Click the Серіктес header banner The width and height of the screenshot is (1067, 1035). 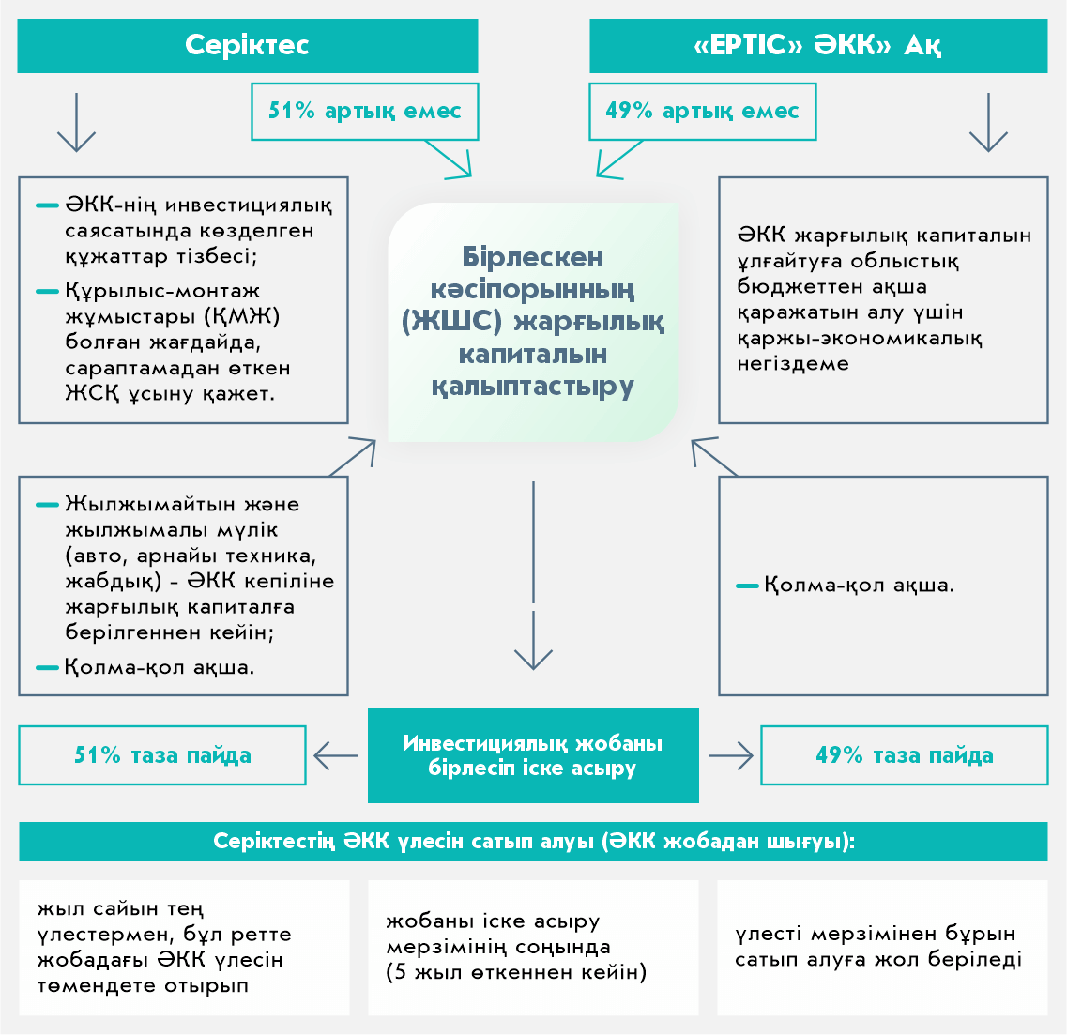(247, 45)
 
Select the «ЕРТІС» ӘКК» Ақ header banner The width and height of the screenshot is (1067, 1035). (817, 45)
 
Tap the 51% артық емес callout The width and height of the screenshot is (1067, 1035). (364, 112)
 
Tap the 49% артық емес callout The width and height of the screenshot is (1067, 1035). (702, 112)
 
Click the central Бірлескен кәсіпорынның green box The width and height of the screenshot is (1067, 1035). (533, 322)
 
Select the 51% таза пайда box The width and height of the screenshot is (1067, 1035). (162, 755)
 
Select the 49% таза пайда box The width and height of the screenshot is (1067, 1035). (904, 755)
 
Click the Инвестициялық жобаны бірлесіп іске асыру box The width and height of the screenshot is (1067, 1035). (533, 755)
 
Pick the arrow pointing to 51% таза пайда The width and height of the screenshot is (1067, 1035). (336, 755)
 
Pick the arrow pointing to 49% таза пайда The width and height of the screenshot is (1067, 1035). (730, 755)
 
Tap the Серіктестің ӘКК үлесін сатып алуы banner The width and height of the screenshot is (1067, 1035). (533, 842)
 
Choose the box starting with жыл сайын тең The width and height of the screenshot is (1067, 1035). (184, 947)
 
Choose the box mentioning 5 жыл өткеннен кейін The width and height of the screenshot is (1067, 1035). (533, 947)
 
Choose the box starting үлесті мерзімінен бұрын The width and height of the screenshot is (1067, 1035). (882, 947)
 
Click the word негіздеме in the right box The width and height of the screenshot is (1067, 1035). (793, 364)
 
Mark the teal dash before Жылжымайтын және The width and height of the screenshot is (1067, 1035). (48, 505)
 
